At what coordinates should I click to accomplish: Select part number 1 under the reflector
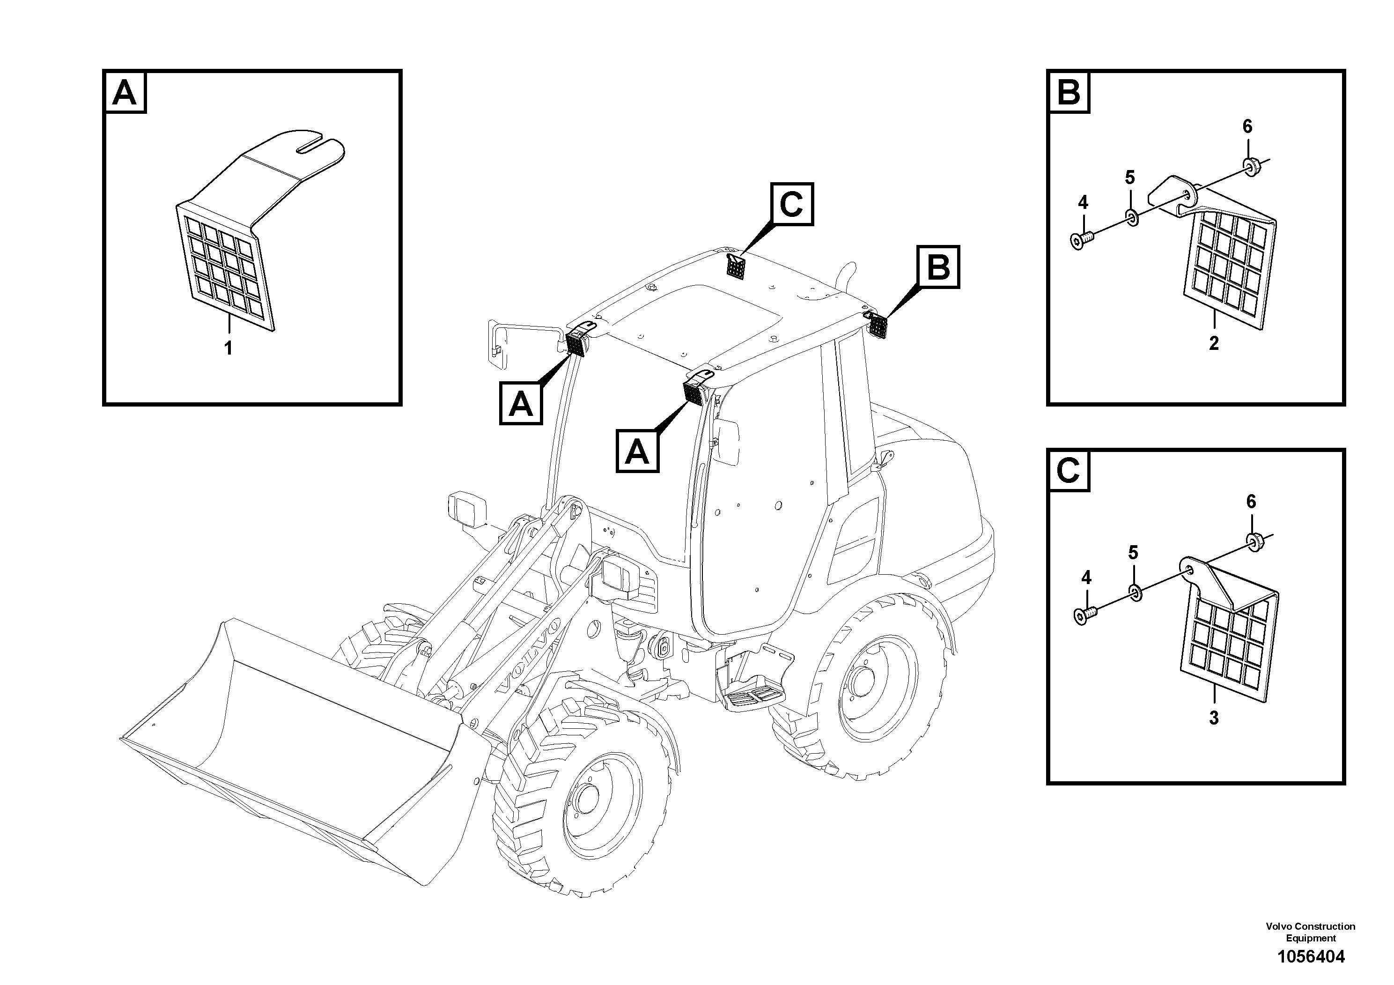click(x=229, y=348)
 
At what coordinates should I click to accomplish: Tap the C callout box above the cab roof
click(x=792, y=204)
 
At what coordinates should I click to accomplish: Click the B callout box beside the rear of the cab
click(x=939, y=267)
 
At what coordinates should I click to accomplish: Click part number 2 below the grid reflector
click(x=1213, y=343)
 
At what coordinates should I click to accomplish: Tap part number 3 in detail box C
click(x=1213, y=718)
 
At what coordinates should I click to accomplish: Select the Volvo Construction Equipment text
click(x=1310, y=932)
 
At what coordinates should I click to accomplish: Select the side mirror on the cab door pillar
click(x=727, y=442)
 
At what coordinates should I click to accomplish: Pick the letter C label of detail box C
click(x=1069, y=470)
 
